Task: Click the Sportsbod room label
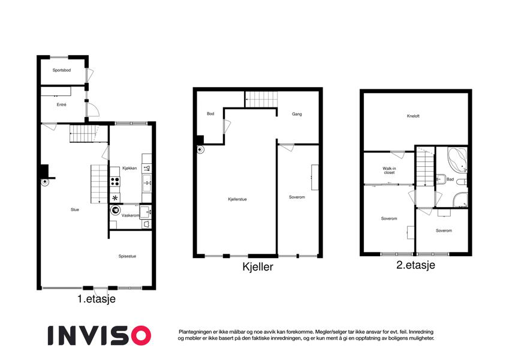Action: [62, 70]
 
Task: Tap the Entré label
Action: [61, 104]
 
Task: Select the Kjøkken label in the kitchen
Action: [129, 169]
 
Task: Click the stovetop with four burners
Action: [115, 181]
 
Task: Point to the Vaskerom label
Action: [130, 215]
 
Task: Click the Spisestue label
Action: [127, 256]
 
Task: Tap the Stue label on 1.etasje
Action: [75, 210]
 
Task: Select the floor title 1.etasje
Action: [97, 299]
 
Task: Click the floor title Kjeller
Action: [258, 267]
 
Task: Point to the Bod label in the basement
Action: [210, 114]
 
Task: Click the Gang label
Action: [297, 114]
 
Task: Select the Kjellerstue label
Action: [237, 199]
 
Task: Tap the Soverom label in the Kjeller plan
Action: [297, 197]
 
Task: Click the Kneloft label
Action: [413, 116]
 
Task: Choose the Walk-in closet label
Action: [389, 170]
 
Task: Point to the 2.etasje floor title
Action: [415, 265]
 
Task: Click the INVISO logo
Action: [100, 335]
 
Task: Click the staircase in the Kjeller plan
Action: [261, 100]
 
